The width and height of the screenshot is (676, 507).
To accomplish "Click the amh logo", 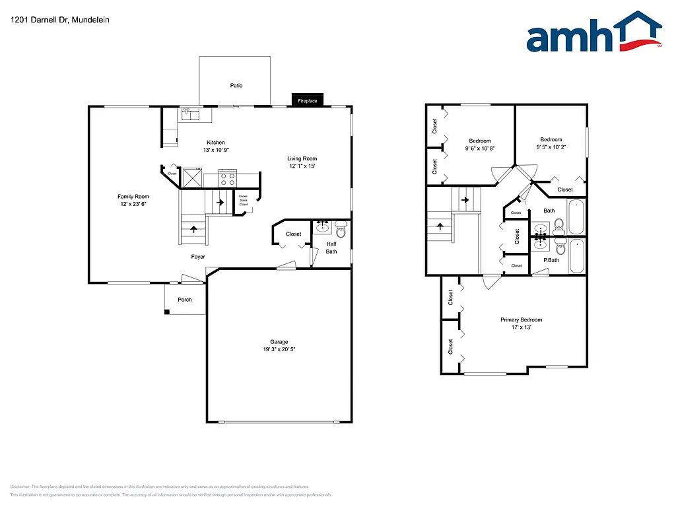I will [593, 34].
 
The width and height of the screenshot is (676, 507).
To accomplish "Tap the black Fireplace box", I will [308, 100].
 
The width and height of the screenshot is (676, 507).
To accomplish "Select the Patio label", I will [236, 85].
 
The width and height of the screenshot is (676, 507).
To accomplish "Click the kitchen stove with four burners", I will [228, 178].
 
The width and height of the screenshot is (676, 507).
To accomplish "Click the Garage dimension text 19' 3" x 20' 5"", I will [279, 349].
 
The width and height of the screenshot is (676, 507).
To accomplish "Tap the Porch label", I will [185, 300].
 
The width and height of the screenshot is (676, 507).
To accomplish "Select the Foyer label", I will [198, 257].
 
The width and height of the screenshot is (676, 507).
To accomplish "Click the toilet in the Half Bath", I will [341, 230].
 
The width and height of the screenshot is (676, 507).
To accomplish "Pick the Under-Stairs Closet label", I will [244, 200].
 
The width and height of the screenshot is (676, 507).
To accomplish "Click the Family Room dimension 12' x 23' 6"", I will [133, 204].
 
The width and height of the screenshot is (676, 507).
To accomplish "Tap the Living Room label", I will [302, 158].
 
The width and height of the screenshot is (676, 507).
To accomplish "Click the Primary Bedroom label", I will [521, 320].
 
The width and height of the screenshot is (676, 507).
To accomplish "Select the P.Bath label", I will [551, 260].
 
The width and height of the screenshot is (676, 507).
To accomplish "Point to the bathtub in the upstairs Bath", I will [576, 217].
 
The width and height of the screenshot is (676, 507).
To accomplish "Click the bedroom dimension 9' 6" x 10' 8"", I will [480, 149].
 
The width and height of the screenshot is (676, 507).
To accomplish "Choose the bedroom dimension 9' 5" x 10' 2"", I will [551, 147].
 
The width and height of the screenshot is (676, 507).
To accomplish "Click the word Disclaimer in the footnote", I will [20, 487].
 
